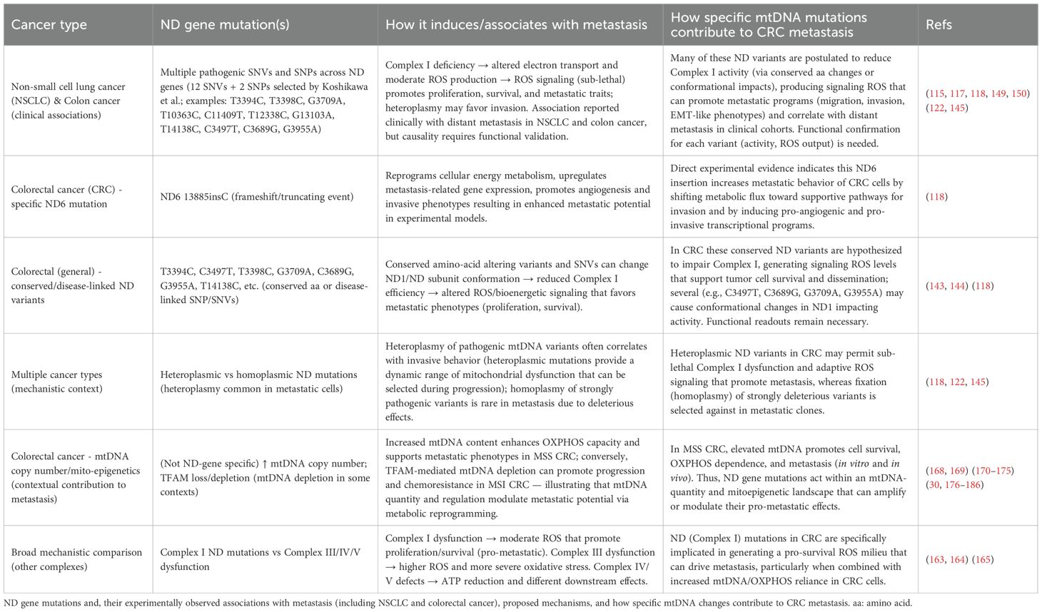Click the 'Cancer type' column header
(x=49, y=25)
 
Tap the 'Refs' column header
(x=939, y=25)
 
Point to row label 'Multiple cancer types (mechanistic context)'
(x=57, y=382)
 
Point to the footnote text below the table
(x=457, y=603)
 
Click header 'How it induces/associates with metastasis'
(x=516, y=25)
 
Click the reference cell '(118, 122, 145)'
(x=956, y=382)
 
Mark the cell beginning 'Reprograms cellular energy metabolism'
(x=518, y=197)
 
